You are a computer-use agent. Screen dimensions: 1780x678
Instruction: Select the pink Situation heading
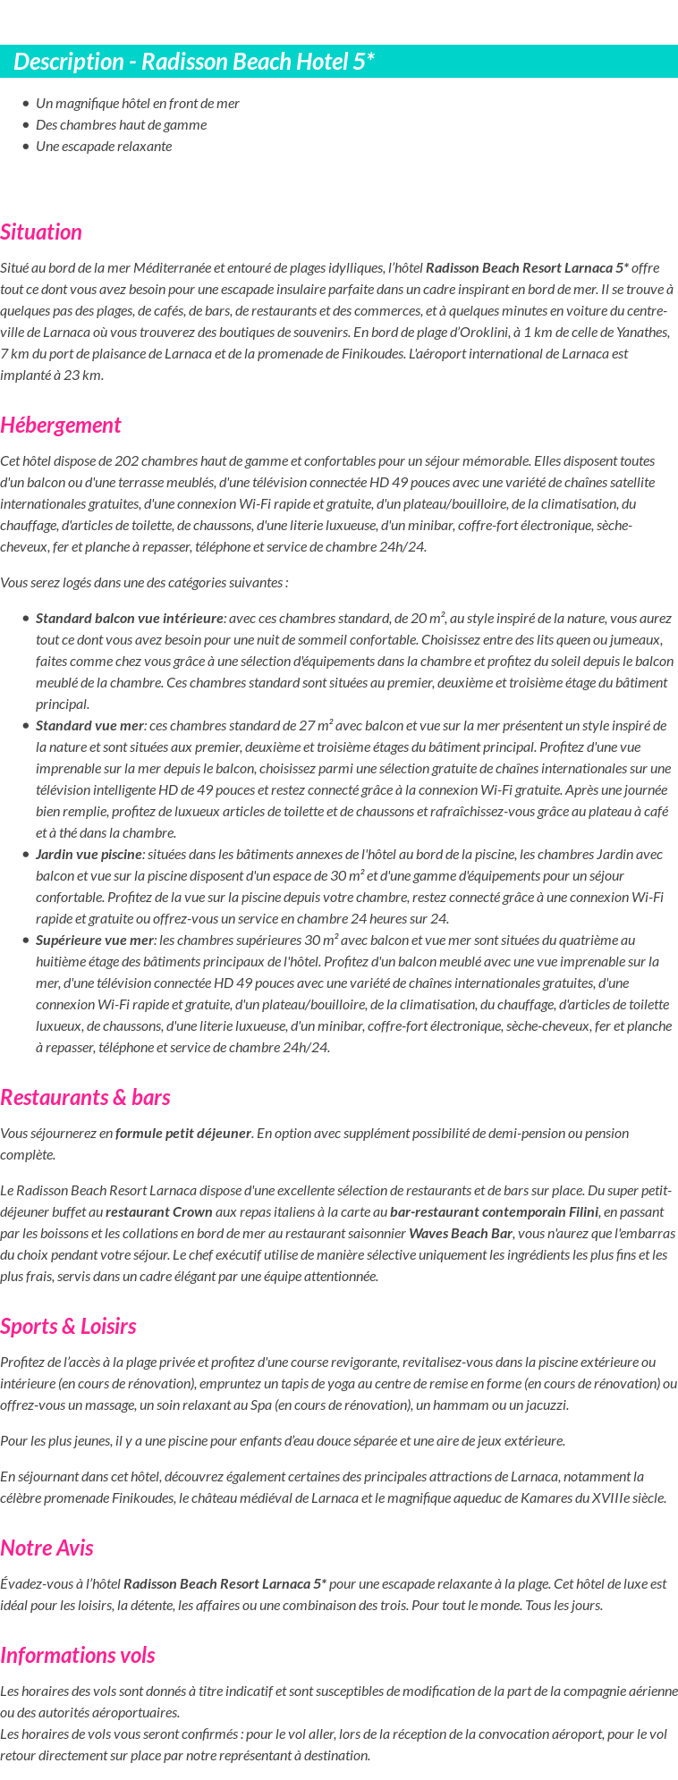click(41, 232)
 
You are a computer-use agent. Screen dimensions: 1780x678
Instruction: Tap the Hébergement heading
click(61, 426)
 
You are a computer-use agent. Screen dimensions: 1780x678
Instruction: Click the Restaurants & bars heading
click(85, 1098)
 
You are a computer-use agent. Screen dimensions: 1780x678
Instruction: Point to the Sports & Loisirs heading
click(68, 1327)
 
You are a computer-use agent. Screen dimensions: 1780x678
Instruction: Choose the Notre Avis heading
click(47, 1548)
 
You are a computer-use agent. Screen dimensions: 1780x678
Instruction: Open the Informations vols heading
click(78, 1656)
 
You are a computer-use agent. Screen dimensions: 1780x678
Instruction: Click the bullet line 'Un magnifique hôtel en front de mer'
click(138, 104)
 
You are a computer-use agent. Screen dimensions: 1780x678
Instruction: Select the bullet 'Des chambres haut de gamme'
click(121, 125)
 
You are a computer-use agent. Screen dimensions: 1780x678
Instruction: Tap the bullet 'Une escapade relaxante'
click(104, 147)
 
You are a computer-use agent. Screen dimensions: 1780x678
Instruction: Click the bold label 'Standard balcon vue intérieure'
click(130, 619)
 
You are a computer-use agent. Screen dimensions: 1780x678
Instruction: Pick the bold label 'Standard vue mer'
click(89, 726)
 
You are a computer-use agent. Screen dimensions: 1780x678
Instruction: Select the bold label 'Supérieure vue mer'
click(95, 941)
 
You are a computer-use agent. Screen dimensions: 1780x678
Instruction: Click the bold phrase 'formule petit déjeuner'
click(183, 1134)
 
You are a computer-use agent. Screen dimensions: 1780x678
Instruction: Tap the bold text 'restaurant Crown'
click(159, 1212)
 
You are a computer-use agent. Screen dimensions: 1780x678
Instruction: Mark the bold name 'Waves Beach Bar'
click(460, 1234)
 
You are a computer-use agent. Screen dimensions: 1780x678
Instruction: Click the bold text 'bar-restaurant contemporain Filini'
click(495, 1212)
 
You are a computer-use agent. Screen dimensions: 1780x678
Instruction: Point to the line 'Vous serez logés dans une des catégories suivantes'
click(144, 583)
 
